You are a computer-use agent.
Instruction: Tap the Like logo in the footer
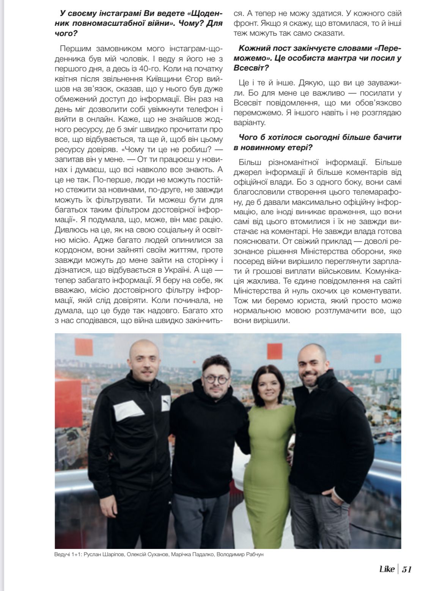387,569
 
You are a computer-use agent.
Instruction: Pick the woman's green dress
270,447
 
